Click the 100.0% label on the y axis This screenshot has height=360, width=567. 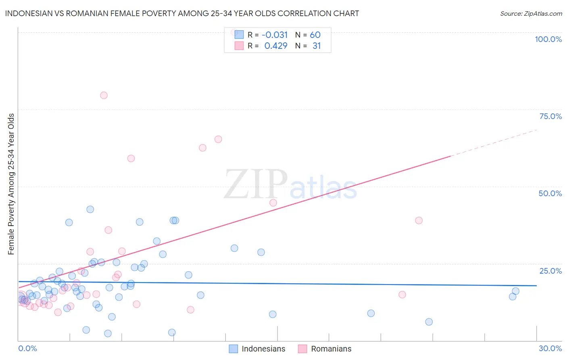[x=548, y=39]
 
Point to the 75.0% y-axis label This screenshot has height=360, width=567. [x=550, y=116]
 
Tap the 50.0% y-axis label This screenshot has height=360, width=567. [x=550, y=193]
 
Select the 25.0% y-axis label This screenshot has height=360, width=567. [x=550, y=271]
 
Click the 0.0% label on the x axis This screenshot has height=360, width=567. [x=27, y=348]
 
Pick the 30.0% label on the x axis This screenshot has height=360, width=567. [x=550, y=348]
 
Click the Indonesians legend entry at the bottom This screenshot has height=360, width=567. [x=263, y=349]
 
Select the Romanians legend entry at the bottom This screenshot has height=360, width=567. [x=331, y=349]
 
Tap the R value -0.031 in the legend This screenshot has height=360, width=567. [x=275, y=35]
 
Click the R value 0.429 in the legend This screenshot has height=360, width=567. [x=276, y=46]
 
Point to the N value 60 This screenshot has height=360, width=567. [x=315, y=35]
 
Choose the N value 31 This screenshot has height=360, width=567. [x=317, y=46]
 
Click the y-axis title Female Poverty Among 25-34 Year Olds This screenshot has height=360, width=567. [x=11, y=184]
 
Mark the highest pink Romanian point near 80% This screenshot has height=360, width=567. [x=104, y=95]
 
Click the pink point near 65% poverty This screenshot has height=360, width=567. [x=218, y=139]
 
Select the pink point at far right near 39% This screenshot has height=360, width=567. [x=419, y=220]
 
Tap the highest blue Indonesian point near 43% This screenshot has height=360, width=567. [x=90, y=209]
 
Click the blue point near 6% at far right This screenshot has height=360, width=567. [x=429, y=322]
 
